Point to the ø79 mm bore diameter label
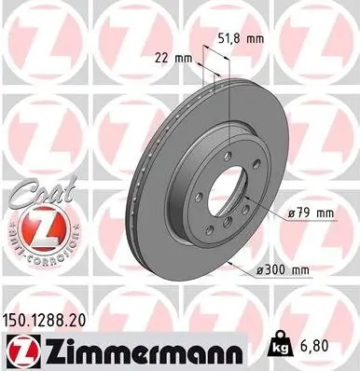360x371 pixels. pos(311,214)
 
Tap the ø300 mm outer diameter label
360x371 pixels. pos(285,269)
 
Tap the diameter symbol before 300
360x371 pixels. pos(261,269)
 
